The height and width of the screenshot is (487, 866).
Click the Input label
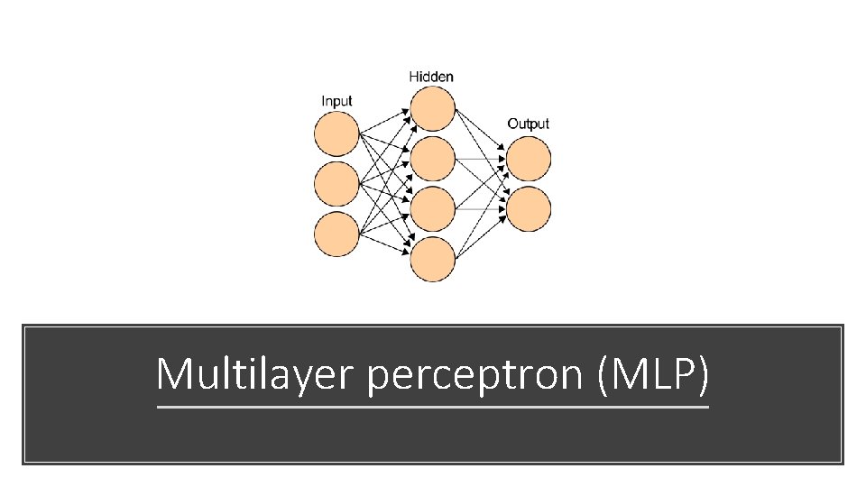[x=336, y=101]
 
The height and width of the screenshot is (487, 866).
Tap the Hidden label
[x=431, y=77]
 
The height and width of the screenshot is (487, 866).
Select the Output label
[x=528, y=124]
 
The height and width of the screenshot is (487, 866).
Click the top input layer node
[x=336, y=134]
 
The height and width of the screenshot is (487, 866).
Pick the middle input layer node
[x=336, y=184]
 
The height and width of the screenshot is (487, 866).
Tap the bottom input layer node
[x=336, y=234]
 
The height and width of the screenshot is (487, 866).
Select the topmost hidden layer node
[x=432, y=109]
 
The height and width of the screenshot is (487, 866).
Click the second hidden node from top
[x=432, y=159]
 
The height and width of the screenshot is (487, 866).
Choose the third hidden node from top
[x=432, y=208]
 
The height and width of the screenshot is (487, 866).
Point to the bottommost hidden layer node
[x=432, y=259]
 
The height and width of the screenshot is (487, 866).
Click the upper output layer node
[x=529, y=159]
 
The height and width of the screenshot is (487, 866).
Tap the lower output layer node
[x=529, y=208]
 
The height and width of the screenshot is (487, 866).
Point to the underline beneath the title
[x=433, y=407]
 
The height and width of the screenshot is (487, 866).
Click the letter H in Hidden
[x=414, y=77]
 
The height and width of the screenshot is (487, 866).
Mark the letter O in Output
[x=512, y=124]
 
